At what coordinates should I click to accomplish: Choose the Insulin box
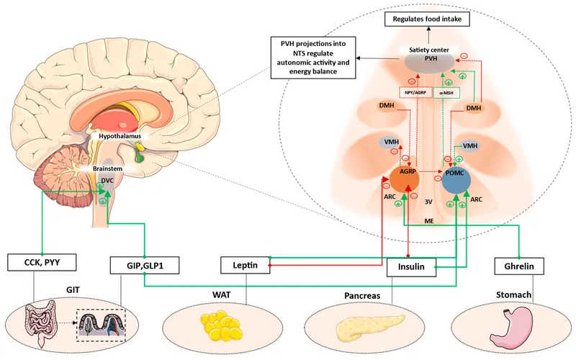coord(411,267)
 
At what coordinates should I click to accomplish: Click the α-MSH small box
coord(447,93)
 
